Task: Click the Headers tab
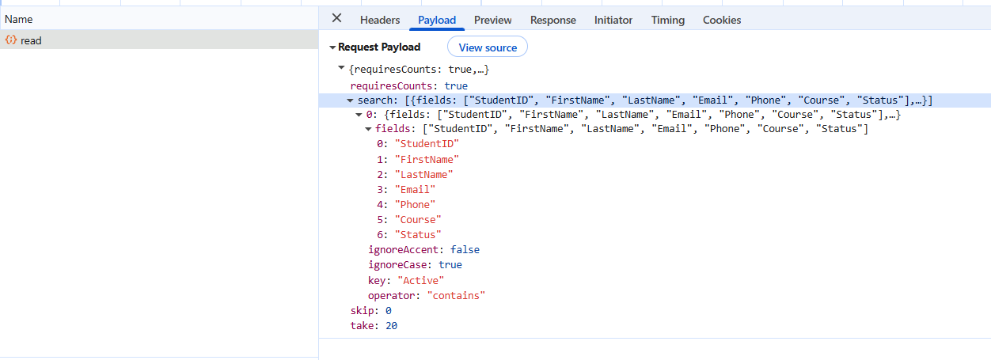click(x=380, y=20)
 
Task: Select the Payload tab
click(x=437, y=20)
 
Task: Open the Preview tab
click(x=492, y=20)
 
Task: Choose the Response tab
click(x=553, y=20)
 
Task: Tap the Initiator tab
click(x=613, y=20)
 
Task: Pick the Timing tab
click(x=667, y=20)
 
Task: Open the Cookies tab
click(x=722, y=20)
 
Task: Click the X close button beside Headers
click(x=336, y=17)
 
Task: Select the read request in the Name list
click(x=31, y=40)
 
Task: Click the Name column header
click(x=18, y=19)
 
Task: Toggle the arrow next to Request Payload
click(x=332, y=47)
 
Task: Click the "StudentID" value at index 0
click(x=427, y=144)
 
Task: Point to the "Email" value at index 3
click(x=415, y=190)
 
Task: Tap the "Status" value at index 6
click(x=418, y=235)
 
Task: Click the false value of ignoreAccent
click(x=465, y=250)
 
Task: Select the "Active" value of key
click(x=421, y=280)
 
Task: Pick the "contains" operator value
click(x=456, y=295)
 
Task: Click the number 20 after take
click(x=392, y=326)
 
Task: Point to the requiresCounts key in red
click(x=391, y=85)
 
